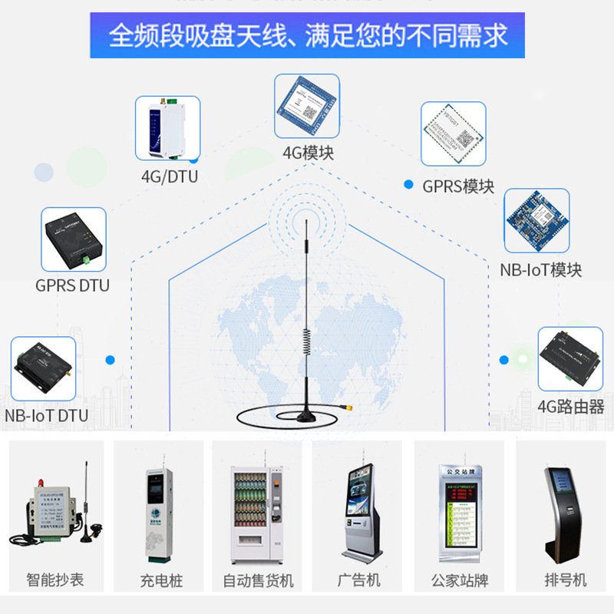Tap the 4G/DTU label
pyautogui.click(x=169, y=177)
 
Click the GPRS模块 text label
pyautogui.click(x=458, y=186)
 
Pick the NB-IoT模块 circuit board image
pyautogui.click(x=536, y=221)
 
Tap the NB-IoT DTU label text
pyautogui.click(x=46, y=416)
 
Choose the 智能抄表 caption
pyautogui.click(x=54, y=579)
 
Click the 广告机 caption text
pyautogui.click(x=358, y=579)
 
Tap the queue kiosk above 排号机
pyautogui.click(x=563, y=510)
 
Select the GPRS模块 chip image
pyautogui.click(x=454, y=134)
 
